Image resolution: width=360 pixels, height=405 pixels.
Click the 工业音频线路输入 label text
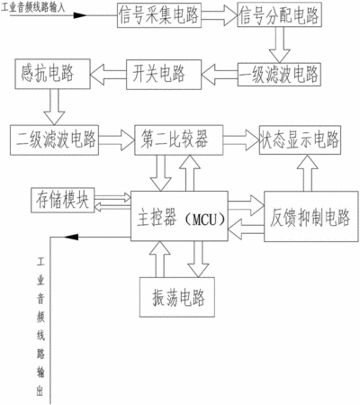tap(32, 7)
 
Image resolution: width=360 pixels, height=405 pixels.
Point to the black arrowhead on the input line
tap(80, 15)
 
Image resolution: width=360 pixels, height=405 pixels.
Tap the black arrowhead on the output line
tap(71, 237)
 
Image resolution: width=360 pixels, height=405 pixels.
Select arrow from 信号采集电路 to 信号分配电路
tap(220, 15)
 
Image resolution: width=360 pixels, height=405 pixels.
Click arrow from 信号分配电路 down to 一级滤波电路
tap(279, 45)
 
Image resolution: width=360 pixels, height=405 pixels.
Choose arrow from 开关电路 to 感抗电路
tap(108, 75)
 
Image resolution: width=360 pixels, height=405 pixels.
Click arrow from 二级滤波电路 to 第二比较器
tap(116, 140)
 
